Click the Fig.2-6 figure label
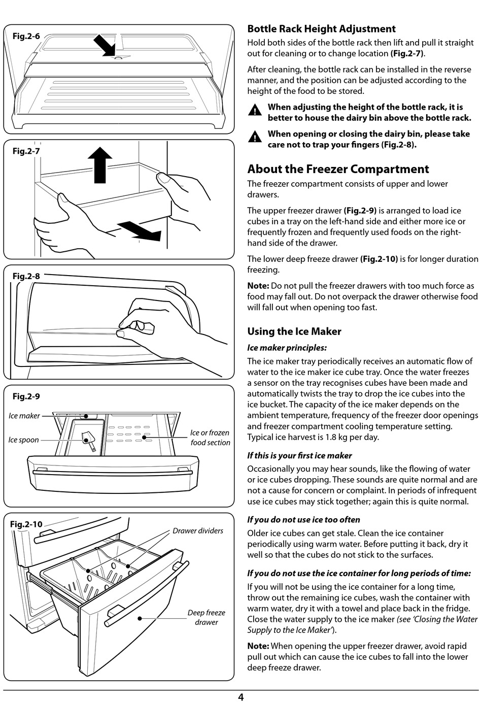point(26,36)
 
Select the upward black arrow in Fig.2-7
point(100,164)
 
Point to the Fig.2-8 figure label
point(26,276)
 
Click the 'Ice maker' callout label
point(24,416)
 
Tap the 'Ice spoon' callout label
point(23,440)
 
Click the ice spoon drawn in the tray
point(88,441)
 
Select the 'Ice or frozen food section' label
point(210,438)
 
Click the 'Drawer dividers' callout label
point(198,530)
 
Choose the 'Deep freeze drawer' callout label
point(206,617)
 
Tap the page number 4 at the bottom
point(240,697)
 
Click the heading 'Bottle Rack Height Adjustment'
point(322,29)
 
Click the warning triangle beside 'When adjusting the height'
point(255,110)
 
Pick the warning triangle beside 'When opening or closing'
point(255,137)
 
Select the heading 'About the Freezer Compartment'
point(338,169)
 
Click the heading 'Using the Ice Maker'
point(294,331)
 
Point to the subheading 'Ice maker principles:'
point(287,348)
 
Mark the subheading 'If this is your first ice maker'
point(299,456)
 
